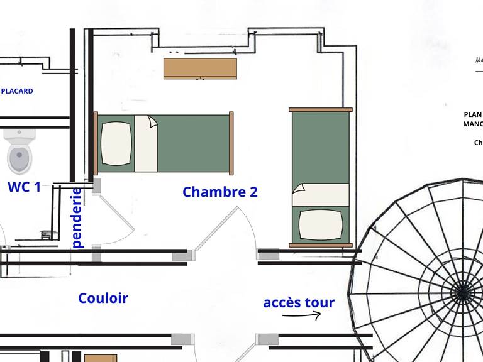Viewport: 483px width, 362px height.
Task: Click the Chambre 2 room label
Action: coord(220,192)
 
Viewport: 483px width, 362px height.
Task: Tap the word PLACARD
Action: coord(17,91)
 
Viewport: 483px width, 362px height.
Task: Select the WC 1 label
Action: coord(24,187)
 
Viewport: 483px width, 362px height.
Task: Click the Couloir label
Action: coord(103,298)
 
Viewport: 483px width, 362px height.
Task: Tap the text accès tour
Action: coord(299,302)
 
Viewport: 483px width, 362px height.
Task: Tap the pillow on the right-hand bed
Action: coord(320,224)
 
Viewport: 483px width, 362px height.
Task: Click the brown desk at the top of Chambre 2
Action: coord(200,68)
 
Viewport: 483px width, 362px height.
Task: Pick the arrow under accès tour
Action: coord(302,315)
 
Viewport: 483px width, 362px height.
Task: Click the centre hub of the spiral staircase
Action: coord(463,291)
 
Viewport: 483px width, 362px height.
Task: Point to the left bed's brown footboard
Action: coord(231,143)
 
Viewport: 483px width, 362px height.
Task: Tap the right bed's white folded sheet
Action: coord(320,194)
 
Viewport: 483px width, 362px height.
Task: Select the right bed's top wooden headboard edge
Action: coord(320,110)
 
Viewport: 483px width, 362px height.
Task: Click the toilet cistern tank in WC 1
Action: coord(19,134)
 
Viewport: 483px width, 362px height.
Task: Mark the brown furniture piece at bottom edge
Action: coord(101,358)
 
